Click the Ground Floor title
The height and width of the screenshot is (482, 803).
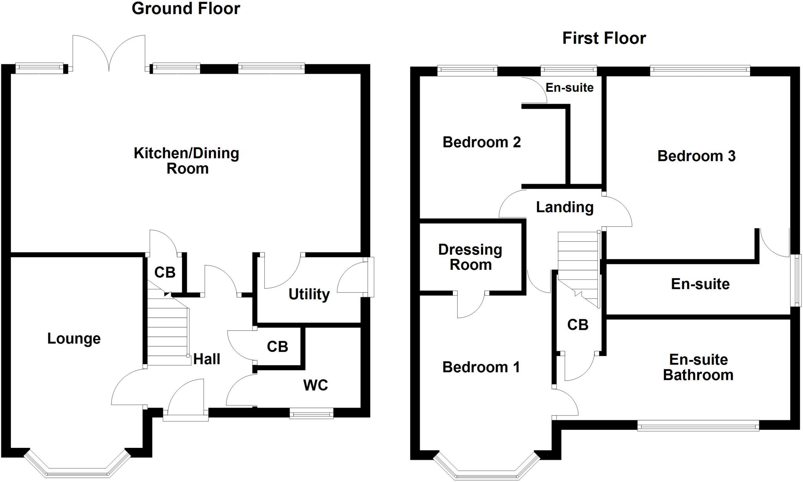pos(186,9)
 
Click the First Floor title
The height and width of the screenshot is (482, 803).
pos(604,38)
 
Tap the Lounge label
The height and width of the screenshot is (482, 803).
pos(74,338)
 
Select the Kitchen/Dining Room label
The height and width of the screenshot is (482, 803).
pos(187,161)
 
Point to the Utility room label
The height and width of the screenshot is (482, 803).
pos(309,294)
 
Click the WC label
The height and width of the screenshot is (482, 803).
pos(315,385)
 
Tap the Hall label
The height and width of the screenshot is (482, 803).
pos(207,359)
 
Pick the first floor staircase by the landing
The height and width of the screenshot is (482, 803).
pos(579,267)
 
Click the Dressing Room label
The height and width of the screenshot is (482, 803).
pos(470,257)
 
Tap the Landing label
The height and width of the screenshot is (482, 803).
pos(565,207)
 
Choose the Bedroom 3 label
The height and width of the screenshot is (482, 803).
pos(696,156)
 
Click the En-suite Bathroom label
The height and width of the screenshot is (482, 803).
pos(698,367)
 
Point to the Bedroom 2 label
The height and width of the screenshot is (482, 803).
pos(481,142)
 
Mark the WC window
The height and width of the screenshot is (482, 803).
pos(311,413)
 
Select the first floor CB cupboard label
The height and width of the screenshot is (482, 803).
pos(578,325)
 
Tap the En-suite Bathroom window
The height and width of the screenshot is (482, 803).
pos(698,426)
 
